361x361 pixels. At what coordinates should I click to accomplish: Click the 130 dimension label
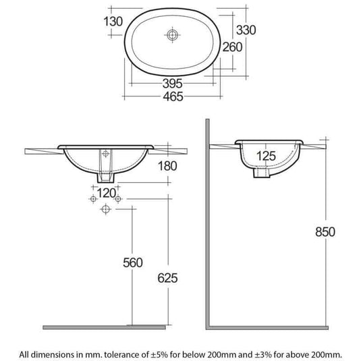click(113, 21)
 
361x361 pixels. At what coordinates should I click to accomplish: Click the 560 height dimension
click(132, 262)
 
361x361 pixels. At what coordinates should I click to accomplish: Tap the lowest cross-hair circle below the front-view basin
click(105, 210)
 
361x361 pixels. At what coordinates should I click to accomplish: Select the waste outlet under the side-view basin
click(261, 173)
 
